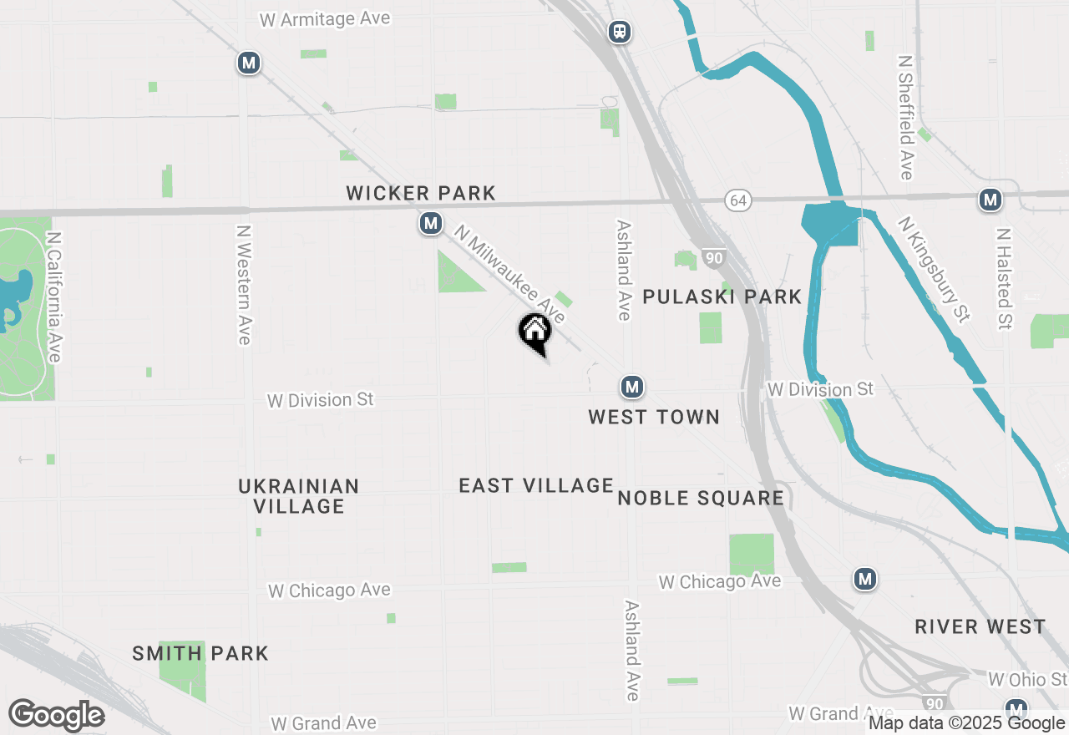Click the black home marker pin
[535, 332]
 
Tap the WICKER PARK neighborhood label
[421, 194]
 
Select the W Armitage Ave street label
[325, 19]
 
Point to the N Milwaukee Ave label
[509, 272]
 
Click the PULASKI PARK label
[722, 297]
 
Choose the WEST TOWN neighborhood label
[654, 417]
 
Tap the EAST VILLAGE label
[536, 485]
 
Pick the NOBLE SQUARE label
[701, 499]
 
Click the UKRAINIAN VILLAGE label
[299, 496]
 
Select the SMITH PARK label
[200, 653]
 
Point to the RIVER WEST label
[980, 626]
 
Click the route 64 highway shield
[737, 200]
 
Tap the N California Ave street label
[54, 297]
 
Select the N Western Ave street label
[243, 285]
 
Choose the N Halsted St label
[1004, 278]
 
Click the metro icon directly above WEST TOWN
[632, 387]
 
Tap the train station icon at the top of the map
[620, 32]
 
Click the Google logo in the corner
[56, 716]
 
